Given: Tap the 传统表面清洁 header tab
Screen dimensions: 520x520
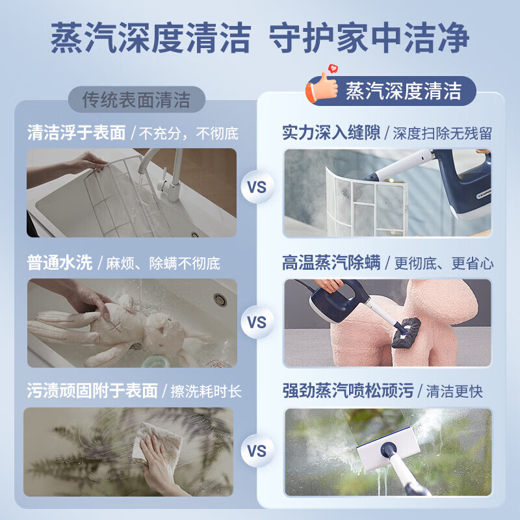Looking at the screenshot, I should (x=136, y=100).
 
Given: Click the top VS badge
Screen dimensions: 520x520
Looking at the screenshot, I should (x=257, y=187).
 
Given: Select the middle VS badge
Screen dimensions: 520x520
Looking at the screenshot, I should (x=257, y=321).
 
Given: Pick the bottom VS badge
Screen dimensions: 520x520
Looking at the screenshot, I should (x=257, y=450).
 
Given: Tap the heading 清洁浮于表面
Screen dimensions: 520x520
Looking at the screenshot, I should (x=76, y=133).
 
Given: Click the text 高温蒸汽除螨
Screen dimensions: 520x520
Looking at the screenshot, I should (x=331, y=263).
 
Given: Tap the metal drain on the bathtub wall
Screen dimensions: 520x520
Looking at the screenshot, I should (x=220, y=300).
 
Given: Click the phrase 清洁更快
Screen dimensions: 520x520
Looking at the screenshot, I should (x=454, y=391).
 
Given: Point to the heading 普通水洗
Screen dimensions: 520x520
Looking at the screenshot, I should (x=60, y=263).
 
